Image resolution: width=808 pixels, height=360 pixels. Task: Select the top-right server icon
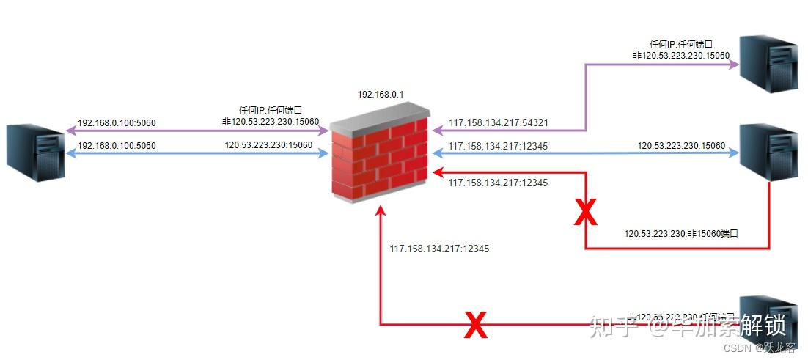click(x=768, y=64)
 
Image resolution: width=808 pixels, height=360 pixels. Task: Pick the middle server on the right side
click(x=768, y=152)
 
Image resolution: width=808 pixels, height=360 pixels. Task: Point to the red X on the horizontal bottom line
click(x=476, y=325)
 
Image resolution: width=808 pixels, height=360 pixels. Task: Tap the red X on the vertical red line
click(x=585, y=212)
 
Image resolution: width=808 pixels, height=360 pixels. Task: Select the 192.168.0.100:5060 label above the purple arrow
click(x=117, y=123)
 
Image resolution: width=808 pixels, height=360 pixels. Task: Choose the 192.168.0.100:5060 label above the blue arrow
click(x=117, y=146)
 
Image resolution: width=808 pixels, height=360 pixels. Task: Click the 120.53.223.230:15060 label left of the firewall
click(x=268, y=145)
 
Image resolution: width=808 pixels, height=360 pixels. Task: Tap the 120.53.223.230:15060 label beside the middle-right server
click(x=681, y=146)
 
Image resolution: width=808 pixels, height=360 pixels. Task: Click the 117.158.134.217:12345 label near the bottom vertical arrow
click(x=439, y=249)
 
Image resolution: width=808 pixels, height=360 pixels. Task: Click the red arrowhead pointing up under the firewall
click(x=380, y=211)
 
